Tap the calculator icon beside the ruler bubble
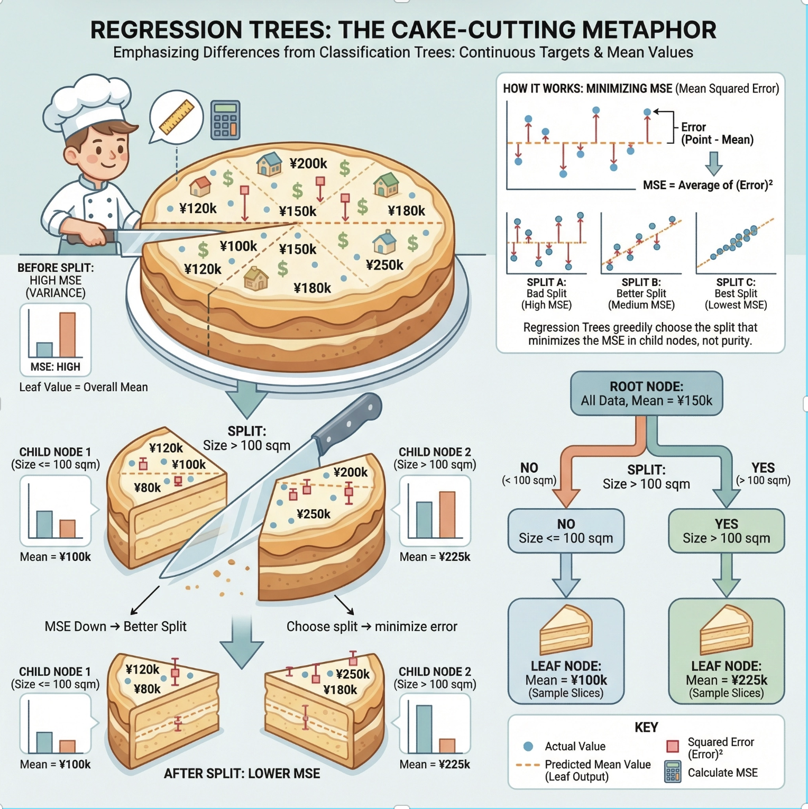(225, 120)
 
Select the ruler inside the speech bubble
(177, 117)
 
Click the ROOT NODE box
(646, 393)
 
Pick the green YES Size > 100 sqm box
(726, 531)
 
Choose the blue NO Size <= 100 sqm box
(566, 531)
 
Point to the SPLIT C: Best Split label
(736, 293)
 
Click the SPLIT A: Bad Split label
(546, 293)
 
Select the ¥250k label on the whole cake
(384, 265)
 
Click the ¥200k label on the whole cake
(308, 164)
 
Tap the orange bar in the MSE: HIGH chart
(67, 334)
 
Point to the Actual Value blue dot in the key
(528, 746)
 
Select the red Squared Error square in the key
(673, 746)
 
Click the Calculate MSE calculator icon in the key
(673, 772)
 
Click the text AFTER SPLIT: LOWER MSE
(242, 774)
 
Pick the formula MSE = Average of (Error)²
(708, 185)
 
